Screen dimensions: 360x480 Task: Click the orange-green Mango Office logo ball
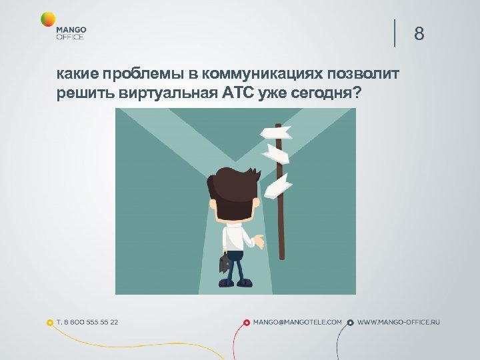48,19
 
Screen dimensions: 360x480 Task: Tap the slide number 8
419,33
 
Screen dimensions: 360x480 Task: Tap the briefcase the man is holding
224,262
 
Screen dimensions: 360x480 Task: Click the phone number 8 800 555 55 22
87,322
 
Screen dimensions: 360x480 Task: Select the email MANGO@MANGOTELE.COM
297,322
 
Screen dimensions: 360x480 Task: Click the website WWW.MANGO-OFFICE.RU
399,322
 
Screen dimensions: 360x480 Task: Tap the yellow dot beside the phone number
50,322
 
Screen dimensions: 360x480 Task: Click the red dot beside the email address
247,322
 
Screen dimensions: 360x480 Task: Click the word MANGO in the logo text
71,30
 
